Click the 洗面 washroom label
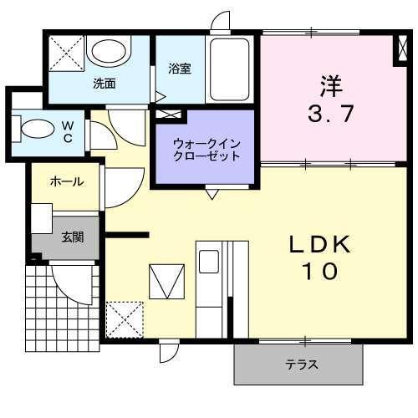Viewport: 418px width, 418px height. click(x=104, y=83)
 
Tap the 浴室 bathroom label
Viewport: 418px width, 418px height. click(x=179, y=69)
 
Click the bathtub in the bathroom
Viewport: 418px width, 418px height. click(x=230, y=70)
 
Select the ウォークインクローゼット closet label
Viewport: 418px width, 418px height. click(x=206, y=148)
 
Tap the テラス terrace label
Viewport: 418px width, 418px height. click(x=300, y=365)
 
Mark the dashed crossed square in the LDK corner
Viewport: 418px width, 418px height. click(x=125, y=319)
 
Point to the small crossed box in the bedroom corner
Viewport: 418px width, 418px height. click(x=403, y=51)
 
